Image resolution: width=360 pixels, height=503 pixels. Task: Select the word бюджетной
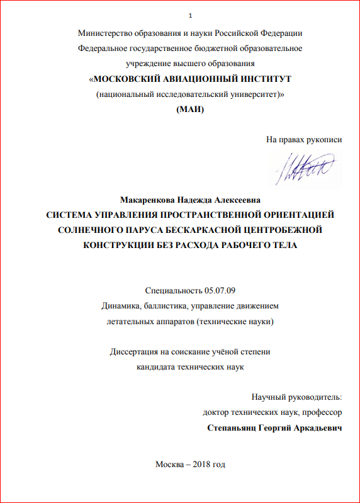coord(192,48)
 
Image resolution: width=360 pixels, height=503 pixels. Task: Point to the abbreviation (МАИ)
coord(189,110)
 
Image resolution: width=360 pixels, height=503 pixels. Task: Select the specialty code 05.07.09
coord(219,291)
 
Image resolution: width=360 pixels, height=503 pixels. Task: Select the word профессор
coord(322,413)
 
